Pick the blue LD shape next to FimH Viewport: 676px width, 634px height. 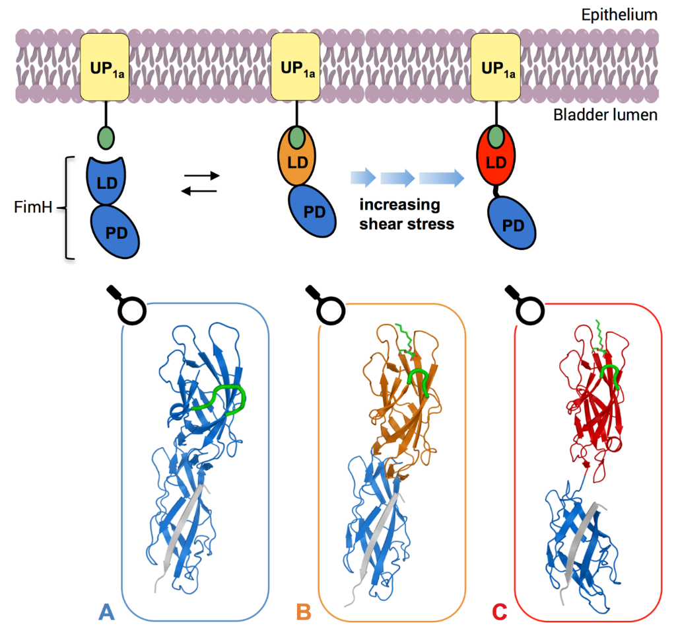point(106,180)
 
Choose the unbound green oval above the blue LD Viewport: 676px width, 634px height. point(105,139)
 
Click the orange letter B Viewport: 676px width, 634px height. point(304,613)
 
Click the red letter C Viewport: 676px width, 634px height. point(499,613)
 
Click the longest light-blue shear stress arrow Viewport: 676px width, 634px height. point(440,178)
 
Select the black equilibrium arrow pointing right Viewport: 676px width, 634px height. point(200,176)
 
